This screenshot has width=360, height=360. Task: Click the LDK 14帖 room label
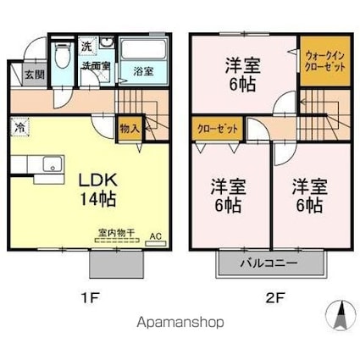97,189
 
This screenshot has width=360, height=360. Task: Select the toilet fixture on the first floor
61,58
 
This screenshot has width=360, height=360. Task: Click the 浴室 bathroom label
143,71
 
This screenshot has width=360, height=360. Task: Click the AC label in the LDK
155,236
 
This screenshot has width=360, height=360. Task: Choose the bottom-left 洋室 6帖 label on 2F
224,194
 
